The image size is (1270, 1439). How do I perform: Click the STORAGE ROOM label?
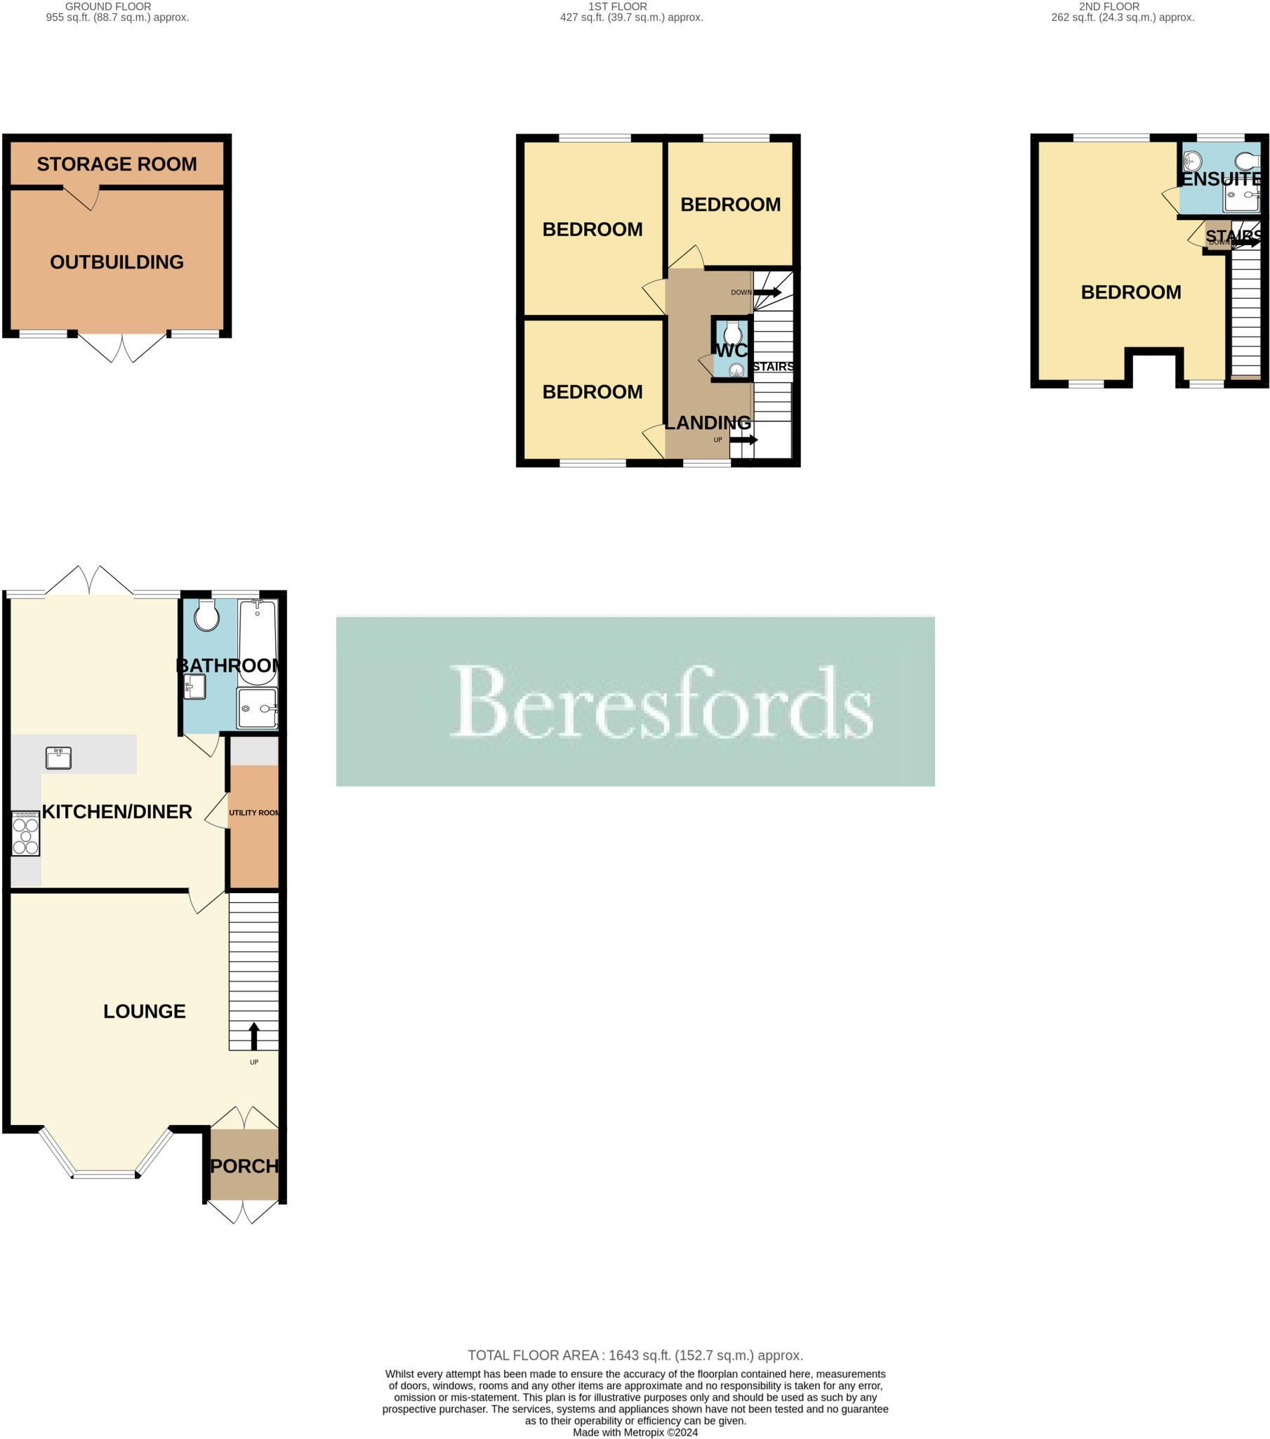click(117, 164)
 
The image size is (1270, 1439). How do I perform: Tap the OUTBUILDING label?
click(117, 262)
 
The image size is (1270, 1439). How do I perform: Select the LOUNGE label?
click(144, 1011)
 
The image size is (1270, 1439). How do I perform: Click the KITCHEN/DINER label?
click(117, 812)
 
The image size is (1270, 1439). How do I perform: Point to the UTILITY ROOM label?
click(254, 812)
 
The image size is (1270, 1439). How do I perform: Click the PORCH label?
click(244, 1166)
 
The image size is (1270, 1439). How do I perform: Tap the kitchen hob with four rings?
click(25, 833)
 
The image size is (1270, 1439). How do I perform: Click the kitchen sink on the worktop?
click(58, 757)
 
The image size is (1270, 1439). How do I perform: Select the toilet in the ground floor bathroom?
click(207, 616)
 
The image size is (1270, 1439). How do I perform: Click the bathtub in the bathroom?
click(258, 642)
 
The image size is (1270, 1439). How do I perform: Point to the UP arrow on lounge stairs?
click(254, 1036)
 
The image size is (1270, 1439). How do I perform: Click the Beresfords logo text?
click(661, 702)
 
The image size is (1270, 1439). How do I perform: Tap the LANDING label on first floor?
click(708, 422)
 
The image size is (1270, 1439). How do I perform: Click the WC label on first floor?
click(731, 350)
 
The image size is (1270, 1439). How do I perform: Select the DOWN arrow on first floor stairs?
click(767, 292)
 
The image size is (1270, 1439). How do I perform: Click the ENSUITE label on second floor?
click(1221, 179)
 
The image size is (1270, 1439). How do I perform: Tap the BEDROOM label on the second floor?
click(1131, 292)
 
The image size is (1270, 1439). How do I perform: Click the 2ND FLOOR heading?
click(1109, 6)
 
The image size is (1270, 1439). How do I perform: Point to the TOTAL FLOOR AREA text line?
click(635, 1355)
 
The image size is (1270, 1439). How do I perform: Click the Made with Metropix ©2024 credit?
click(635, 1432)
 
